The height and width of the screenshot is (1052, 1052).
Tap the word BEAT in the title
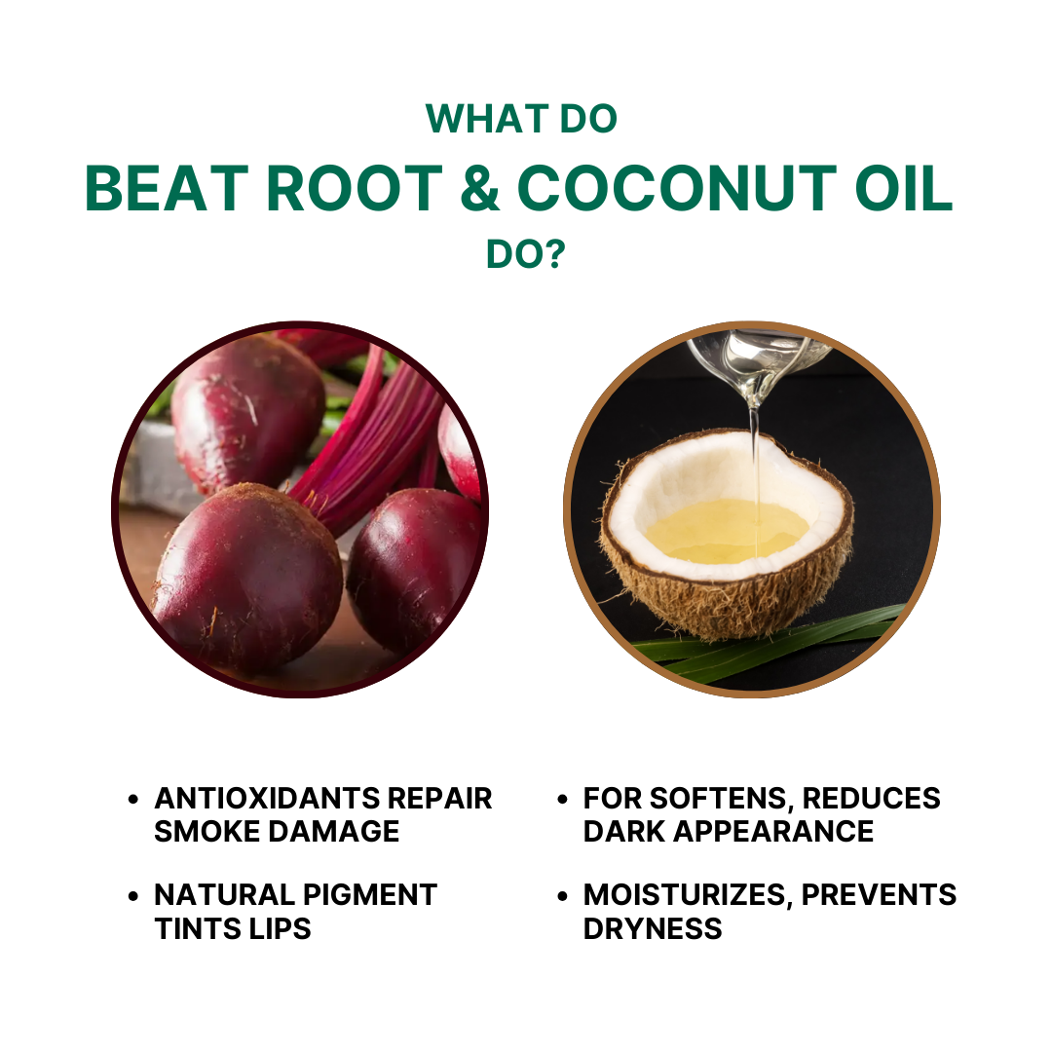click(x=167, y=189)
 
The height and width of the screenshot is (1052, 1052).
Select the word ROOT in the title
click(x=355, y=189)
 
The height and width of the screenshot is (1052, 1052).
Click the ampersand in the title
click(x=479, y=189)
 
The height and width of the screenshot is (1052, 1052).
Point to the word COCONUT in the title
click(x=677, y=189)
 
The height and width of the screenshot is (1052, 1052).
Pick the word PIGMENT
click(x=370, y=894)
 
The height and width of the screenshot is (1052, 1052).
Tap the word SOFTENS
click(x=721, y=799)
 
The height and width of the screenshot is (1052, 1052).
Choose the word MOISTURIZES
click(x=688, y=894)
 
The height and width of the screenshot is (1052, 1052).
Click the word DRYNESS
click(x=653, y=928)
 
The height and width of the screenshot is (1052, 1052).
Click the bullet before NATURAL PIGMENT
click(x=132, y=896)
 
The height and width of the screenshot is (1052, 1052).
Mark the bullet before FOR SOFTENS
click(x=562, y=799)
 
